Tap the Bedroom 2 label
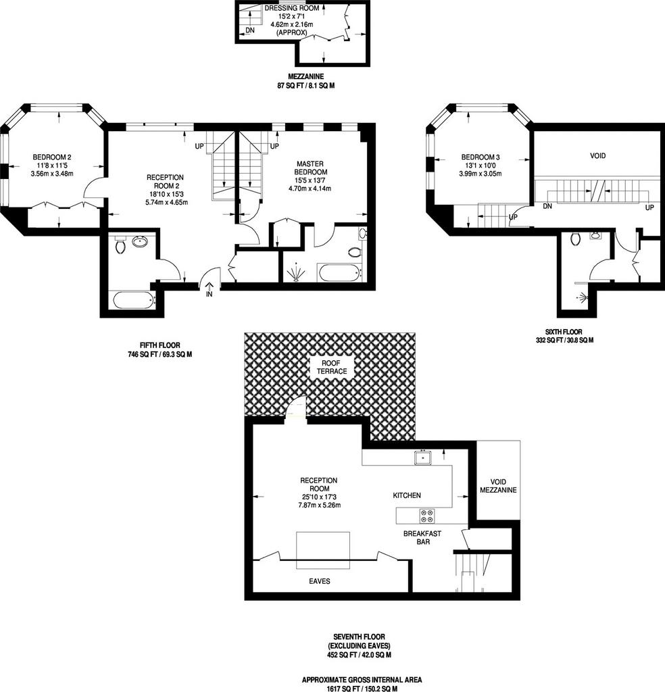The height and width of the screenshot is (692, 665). pyautogui.click(x=52, y=157)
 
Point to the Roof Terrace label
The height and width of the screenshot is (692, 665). pyautogui.click(x=331, y=367)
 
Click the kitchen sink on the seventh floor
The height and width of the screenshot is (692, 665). pyautogui.click(x=423, y=458)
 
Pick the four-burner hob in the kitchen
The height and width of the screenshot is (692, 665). pyautogui.click(x=426, y=516)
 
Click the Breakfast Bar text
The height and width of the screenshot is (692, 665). pyautogui.click(x=422, y=537)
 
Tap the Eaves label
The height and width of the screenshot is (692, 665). pyautogui.click(x=320, y=581)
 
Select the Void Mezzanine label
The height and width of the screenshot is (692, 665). pyautogui.click(x=498, y=486)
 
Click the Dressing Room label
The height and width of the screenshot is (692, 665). pyautogui.click(x=292, y=8)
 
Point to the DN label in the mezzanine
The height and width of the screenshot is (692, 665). pyautogui.click(x=250, y=30)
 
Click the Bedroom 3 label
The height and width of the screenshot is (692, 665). pyautogui.click(x=481, y=157)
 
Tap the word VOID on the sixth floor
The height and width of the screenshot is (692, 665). pyautogui.click(x=598, y=156)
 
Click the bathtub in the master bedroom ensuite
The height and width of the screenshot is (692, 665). pyautogui.click(x=341, y=273)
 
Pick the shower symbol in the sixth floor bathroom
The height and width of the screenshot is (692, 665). pyautogui.click(x=584, y=297)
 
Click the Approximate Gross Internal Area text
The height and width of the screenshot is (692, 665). pyautogui.click(x=362, y=680)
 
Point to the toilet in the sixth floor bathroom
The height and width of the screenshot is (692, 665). pyautogui.click(x=575, y=239)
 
